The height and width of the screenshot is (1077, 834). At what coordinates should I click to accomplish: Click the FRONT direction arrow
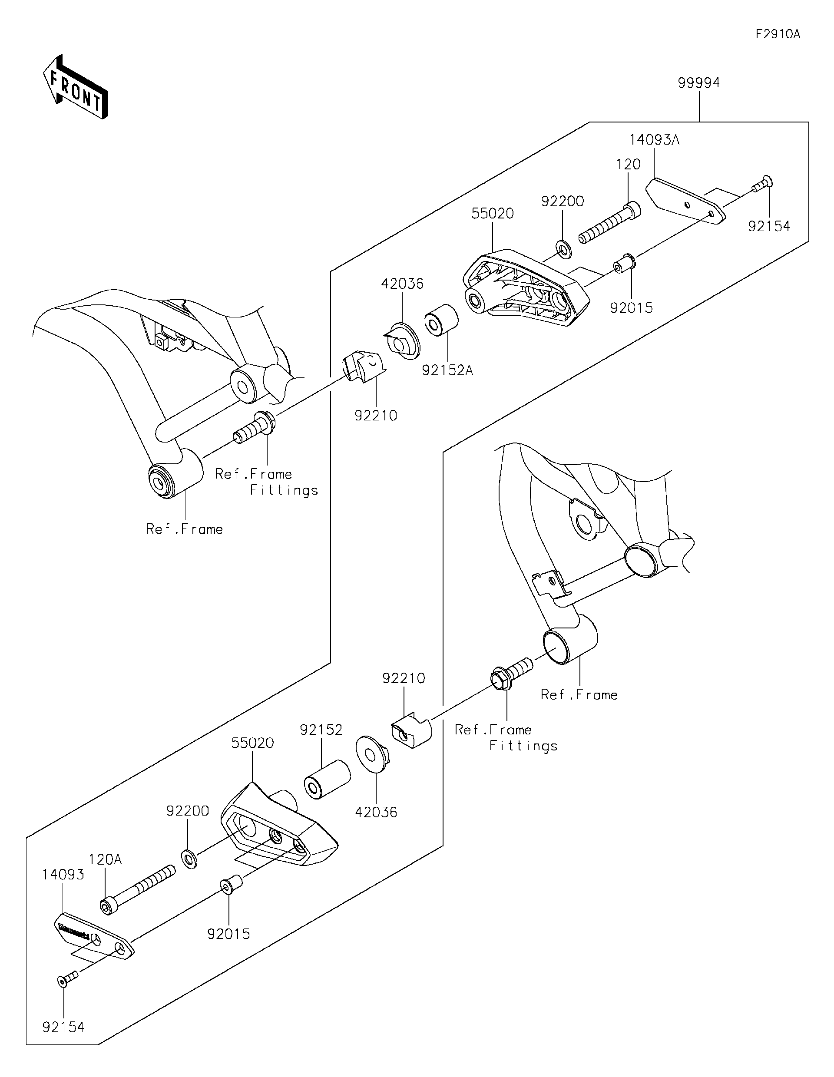tap(75, 87)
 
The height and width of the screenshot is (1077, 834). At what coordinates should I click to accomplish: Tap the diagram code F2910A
tap(778, 34)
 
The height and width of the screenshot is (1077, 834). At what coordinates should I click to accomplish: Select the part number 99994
tap(698, 83)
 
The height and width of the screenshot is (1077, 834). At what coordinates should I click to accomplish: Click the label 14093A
tap(654, 140)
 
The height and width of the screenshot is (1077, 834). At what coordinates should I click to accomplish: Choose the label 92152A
tap(447, 370)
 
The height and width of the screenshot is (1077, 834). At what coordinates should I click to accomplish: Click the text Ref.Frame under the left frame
tap(184, 529)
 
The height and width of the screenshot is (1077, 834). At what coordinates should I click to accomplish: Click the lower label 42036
tap(376, 826)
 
